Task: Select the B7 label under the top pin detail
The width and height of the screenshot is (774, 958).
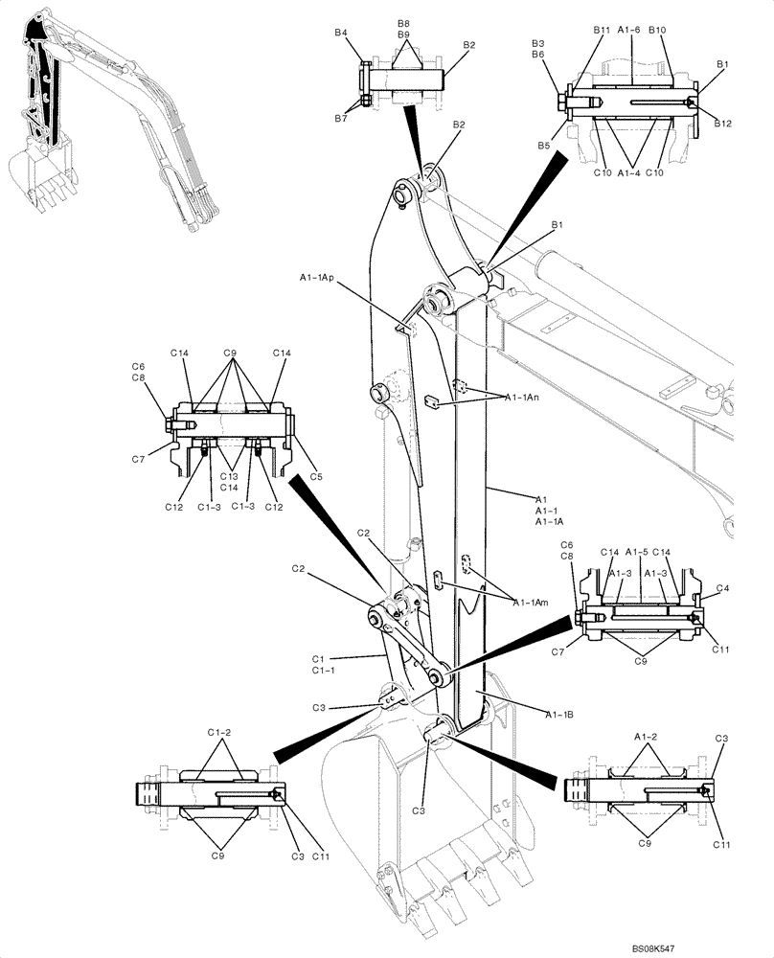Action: [x=340, y=118]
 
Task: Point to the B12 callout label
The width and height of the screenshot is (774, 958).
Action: [x=722, y=123]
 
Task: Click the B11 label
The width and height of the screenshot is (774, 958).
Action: [x=601, y=31]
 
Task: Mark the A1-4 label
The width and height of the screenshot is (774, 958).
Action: [x=628, y=172]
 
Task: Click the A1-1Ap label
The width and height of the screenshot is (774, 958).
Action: [x=316, y=278]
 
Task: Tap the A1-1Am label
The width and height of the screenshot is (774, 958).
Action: [x=530, y=603]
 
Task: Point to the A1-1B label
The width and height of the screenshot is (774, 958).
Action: [x=561, y=714]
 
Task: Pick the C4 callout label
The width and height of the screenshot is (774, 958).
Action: [x=722, y=588]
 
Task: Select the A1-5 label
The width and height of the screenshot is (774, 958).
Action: [x=637, y=552]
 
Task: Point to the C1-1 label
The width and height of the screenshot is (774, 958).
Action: [x=323, y=671]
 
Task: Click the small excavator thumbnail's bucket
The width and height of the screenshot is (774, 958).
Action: [x=36, y=172]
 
